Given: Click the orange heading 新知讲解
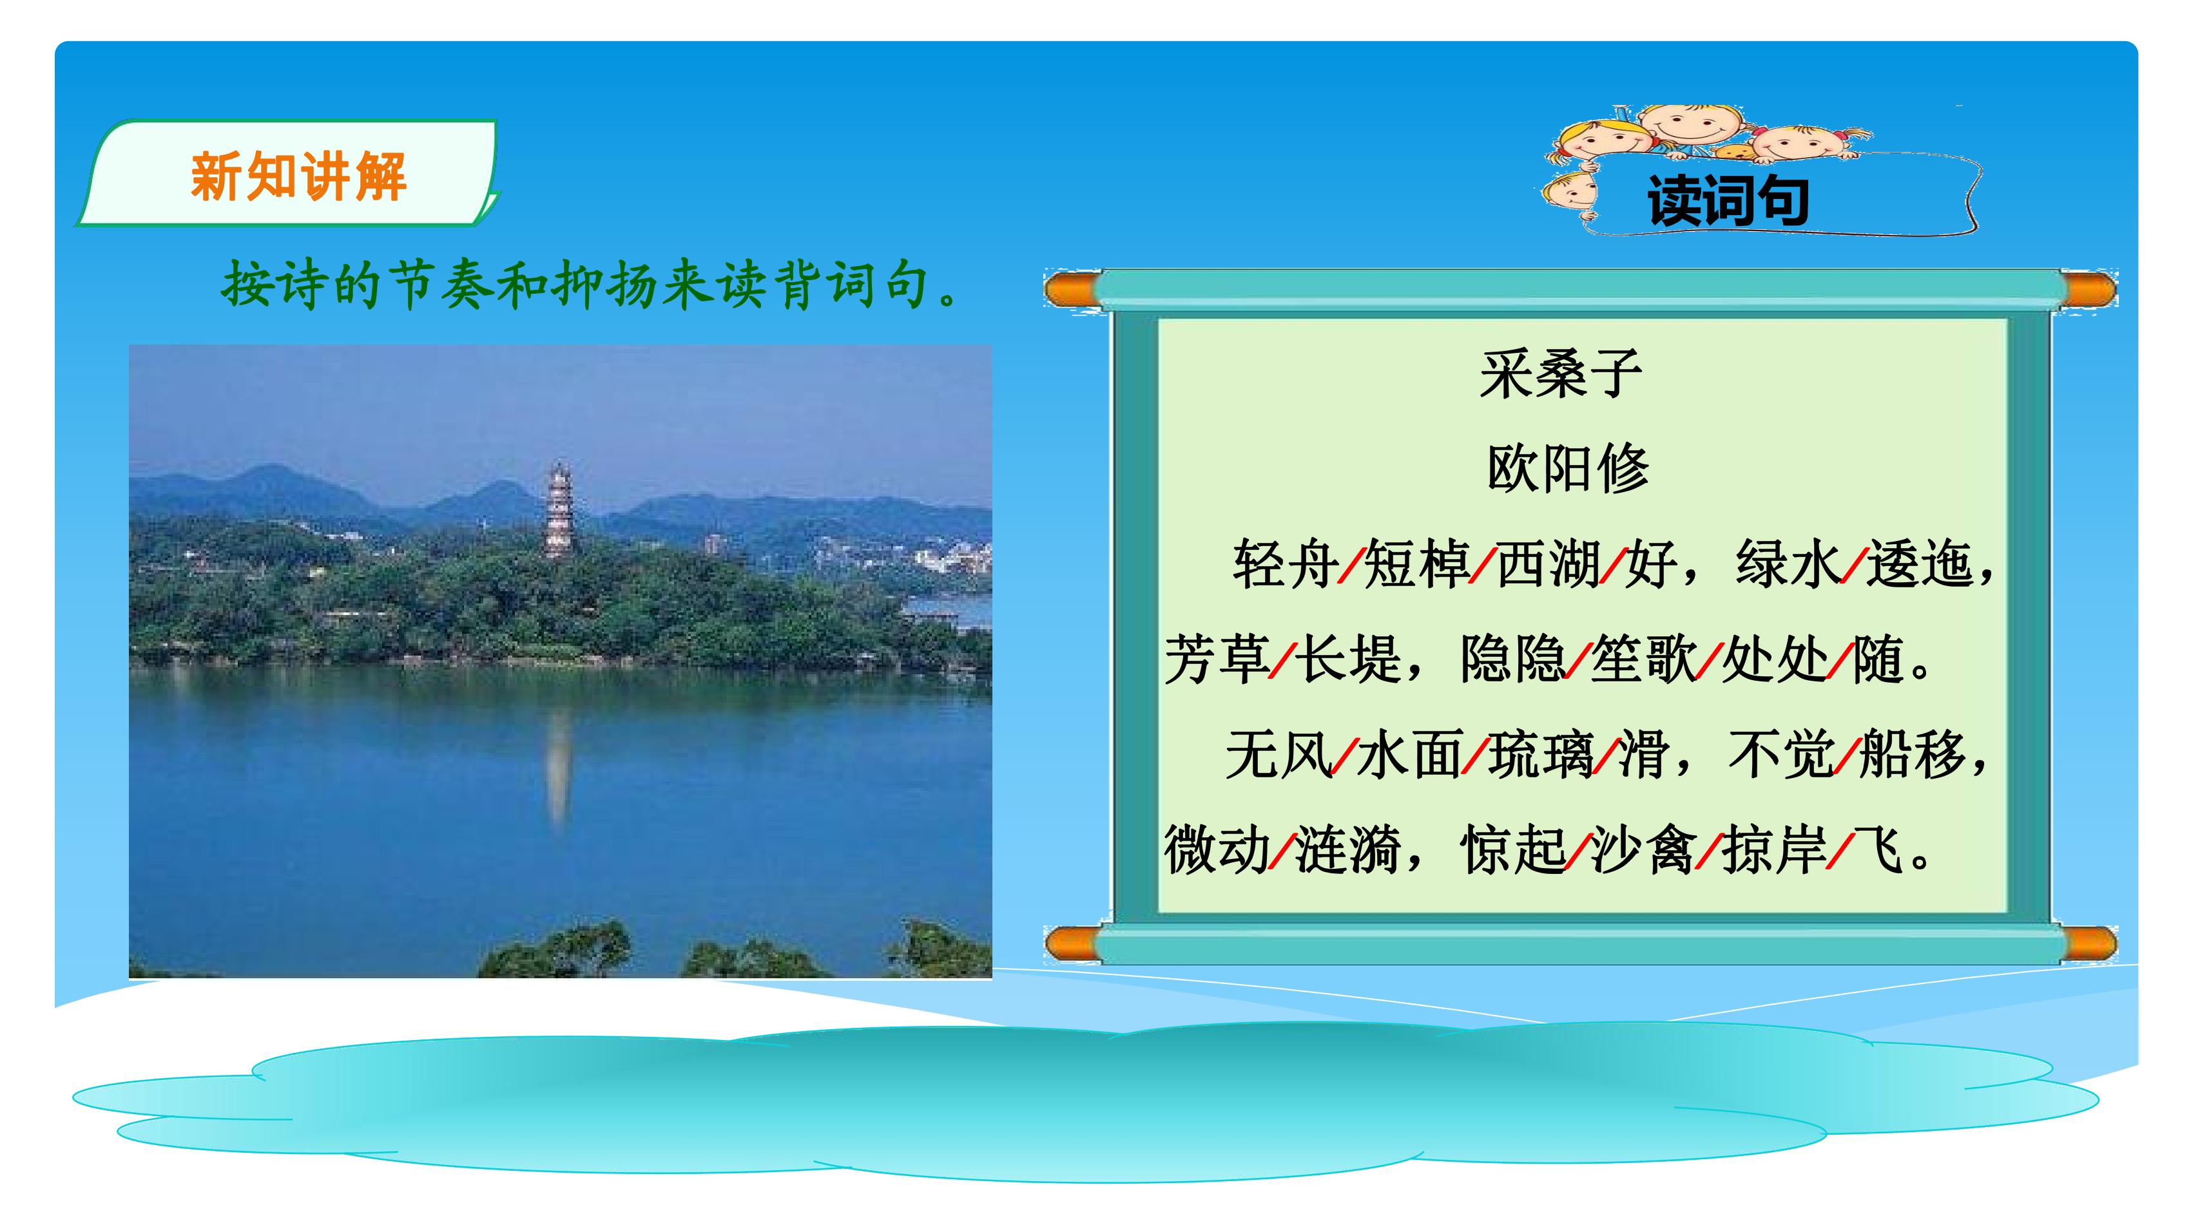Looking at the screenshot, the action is (x=298, y=177).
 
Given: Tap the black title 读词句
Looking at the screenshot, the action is (x=1728, y=201).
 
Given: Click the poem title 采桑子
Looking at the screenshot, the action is (x=1561, y=374).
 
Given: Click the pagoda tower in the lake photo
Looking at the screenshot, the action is (x=559, y=510).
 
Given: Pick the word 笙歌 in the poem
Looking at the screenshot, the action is (x=1643, y=659).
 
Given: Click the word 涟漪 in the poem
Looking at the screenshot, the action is (x=1347, y=849).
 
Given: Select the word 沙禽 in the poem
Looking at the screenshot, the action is (x=1643, y=849).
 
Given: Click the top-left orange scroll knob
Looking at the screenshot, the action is (x=1074, y=290).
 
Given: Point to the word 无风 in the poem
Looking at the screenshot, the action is (x=1279, y=754).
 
